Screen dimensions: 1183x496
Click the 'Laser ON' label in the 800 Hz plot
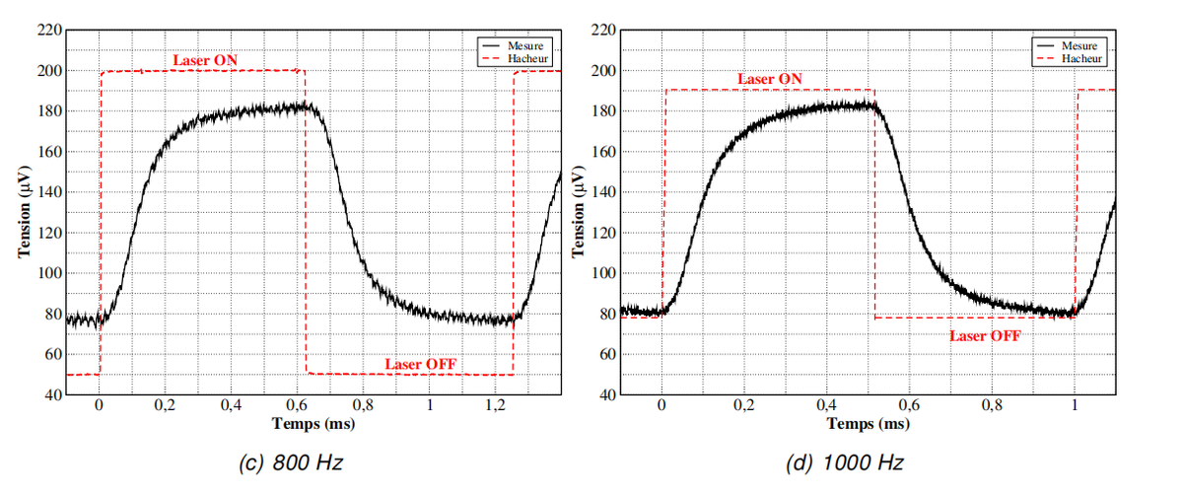coord(205,60)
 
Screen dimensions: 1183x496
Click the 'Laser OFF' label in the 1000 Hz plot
coord(986,336)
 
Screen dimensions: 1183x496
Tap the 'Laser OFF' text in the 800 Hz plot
coord(420,364)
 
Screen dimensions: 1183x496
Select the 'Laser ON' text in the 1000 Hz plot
coord(770,79)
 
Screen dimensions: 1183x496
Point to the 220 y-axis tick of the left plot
coord(49,30)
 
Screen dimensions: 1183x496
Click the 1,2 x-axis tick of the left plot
coord(495,405)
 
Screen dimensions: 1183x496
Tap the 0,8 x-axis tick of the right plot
coord(992,405)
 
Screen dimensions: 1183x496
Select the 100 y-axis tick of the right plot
coord(603,273)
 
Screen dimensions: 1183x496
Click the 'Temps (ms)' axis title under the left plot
coord(313,424)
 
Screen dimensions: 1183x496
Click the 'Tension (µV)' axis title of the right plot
coord(579,212)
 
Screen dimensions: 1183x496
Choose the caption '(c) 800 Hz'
coord(291,462)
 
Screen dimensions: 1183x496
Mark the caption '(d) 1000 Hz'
coord(845,462)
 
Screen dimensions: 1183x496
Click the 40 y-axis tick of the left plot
coord(54,394)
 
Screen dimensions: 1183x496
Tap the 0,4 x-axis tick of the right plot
coord(826,405)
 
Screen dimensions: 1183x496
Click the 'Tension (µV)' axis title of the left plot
coord(25,212)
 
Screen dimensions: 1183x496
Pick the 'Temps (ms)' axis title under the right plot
coord(869,424)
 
